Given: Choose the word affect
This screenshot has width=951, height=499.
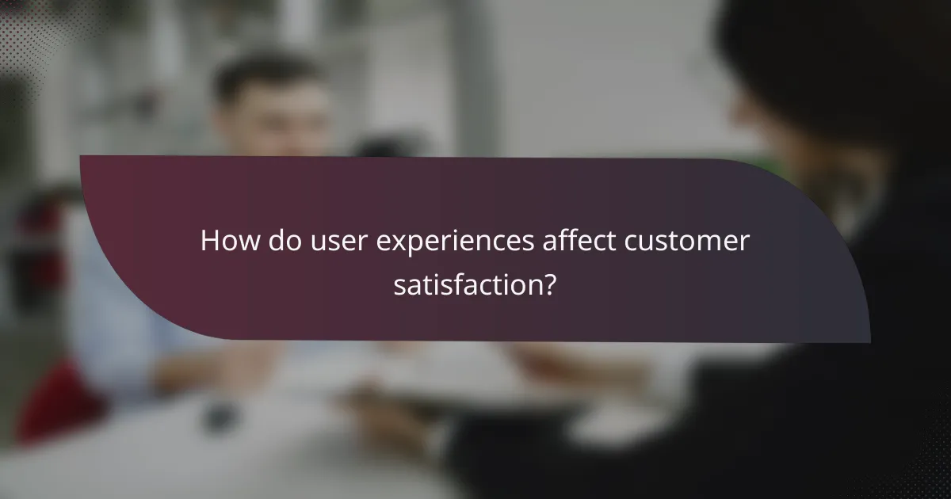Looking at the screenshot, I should coord(582,241).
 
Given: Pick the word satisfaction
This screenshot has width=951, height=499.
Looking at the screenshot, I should coord(467,285).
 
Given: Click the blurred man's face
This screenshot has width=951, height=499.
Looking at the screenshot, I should coord(273,119).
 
